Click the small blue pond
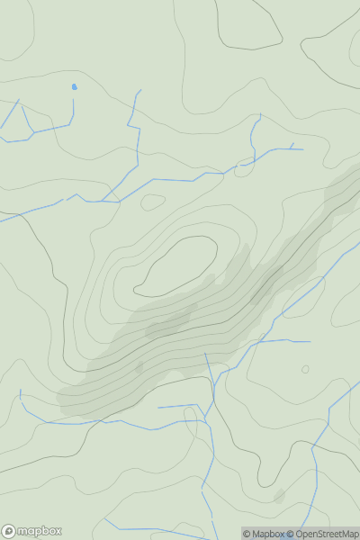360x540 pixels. tap(74, 87)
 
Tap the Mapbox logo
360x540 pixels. tap(32, 531)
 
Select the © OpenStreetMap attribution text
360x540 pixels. tap(322, 534)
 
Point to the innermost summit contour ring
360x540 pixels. tap(176, 266)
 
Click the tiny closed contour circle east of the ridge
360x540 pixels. tap(305, 369)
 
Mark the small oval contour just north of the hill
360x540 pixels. tap(153, 202)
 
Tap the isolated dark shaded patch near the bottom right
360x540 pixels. tap(279, 496)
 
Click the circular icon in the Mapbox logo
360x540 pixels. tap(10, 531)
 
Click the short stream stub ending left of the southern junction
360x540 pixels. tap(159, 407)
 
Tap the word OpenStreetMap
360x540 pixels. tap(328, 534)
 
